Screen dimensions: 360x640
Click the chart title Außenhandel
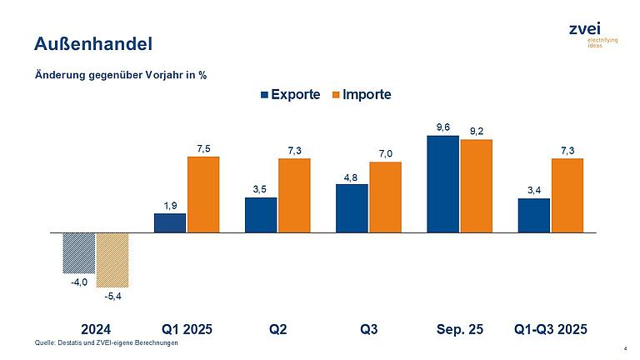(86, 42)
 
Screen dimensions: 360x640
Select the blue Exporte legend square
(266, 94)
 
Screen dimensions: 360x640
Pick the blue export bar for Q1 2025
(170, 222)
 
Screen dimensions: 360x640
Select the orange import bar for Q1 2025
(202, 194)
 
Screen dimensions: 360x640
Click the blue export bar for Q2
(261, 215)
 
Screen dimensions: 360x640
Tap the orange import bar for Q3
(385, 197)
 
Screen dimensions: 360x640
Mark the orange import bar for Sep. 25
(476, 186)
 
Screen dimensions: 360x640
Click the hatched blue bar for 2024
(79, 252)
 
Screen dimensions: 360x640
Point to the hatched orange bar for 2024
(112, 259)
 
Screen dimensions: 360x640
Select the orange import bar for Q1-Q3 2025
(567, 195)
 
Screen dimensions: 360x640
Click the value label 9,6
(443, 127)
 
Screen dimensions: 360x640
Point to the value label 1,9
(170, 205)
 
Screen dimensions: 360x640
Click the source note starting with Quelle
(107, 343)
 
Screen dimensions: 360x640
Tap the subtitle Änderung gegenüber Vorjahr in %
(121, 75)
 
